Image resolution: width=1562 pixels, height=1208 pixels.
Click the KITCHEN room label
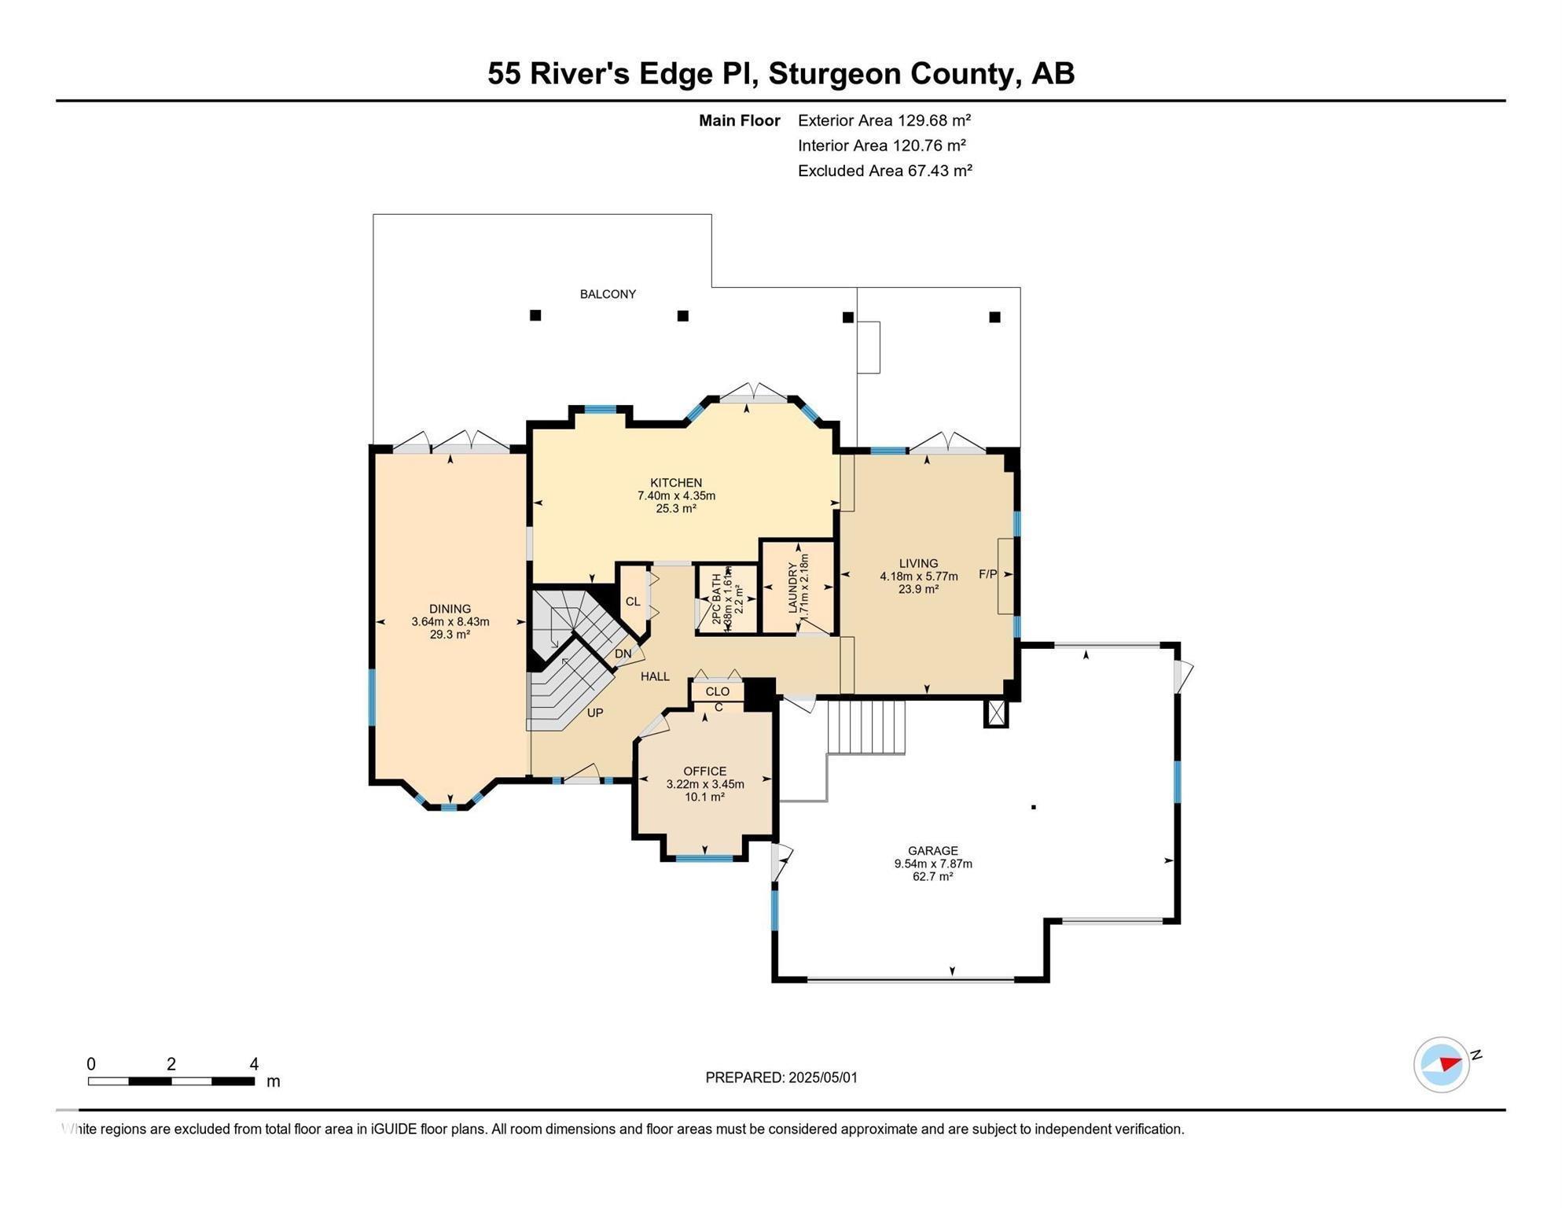pos(676,483)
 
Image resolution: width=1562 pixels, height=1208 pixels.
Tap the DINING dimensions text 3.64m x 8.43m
pos(450,622)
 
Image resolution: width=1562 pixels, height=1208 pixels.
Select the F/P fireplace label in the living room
pos(987,574)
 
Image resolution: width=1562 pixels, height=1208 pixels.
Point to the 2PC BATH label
pos(717,599)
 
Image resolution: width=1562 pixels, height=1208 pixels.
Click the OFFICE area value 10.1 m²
pos(704,797)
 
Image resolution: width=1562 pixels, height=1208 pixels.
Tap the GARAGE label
pos(932,850)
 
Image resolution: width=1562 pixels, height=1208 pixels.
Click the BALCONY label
pos(608,294)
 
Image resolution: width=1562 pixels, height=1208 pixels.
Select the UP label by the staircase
pos(595,713)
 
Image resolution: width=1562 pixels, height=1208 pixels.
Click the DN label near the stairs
pos(623,654)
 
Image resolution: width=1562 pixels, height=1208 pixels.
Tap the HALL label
pos(655,676)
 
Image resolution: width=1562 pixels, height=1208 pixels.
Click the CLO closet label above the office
pos(717,691)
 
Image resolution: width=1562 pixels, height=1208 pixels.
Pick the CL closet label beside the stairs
pos(633,602)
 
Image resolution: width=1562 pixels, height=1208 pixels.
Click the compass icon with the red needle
pos(1442,1065)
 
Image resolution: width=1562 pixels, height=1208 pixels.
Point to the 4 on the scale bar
pos(254,1064)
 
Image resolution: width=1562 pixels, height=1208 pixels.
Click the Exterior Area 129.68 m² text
pos(884,120)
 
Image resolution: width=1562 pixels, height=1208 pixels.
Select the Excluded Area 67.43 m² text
pos(884,171)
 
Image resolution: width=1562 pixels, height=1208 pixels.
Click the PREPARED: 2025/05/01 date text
pos(781,1077)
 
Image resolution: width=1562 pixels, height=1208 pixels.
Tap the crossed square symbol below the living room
pos(996,713)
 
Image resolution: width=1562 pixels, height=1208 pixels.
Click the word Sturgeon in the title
pos(835,73)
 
